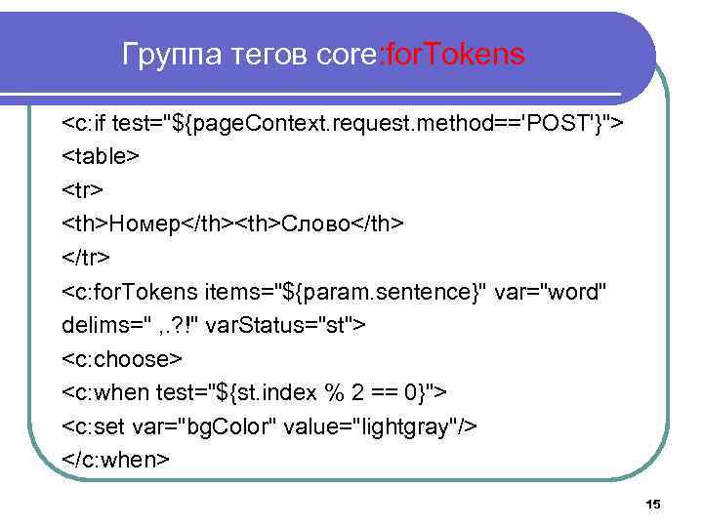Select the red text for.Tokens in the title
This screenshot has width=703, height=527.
(x=457, y=55)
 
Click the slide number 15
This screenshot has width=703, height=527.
(x=653, y=504)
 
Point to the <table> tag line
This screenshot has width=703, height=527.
(x=102, y=156)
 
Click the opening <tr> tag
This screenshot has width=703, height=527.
(x=82, y=189)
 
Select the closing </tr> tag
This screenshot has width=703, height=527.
(x=87, y=257)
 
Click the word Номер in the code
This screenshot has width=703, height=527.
(x=145, y=223)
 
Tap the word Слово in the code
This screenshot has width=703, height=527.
(x=314, y=223)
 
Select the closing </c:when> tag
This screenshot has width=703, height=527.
(x=116, y=459)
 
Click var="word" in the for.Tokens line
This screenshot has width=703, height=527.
(x=551, y=291)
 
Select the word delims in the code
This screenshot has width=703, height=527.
(x=95, y=325)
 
